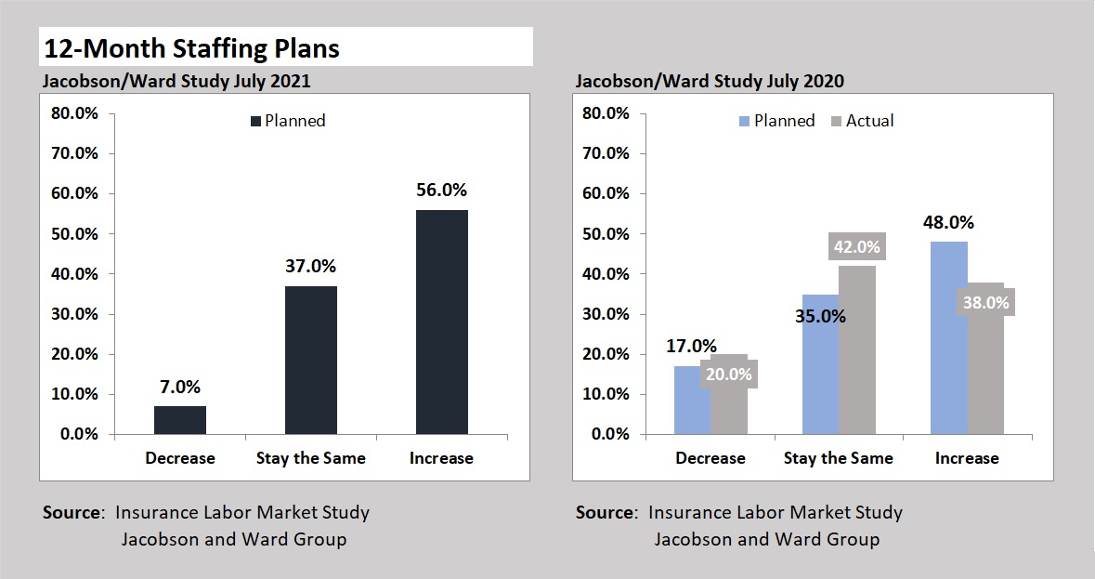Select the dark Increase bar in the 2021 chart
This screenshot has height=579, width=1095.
point(441,322)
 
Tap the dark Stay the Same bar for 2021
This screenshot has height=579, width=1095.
point(310,360)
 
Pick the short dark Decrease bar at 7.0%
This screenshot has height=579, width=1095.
point(180,420)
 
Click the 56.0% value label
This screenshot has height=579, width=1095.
point(441,191)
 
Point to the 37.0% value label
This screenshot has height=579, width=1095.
point(310,266)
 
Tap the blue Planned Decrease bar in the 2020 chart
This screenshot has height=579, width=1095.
point(692,401)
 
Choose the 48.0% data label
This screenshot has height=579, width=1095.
point(948,223)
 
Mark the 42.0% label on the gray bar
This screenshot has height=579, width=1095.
point(855,247)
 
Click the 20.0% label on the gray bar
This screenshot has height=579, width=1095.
point(729,375)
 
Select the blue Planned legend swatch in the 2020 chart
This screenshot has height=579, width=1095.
point(744,121)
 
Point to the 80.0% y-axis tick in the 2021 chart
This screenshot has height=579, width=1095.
point(74,113)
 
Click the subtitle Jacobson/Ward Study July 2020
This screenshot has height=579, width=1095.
point(710,81)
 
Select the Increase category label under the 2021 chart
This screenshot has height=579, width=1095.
point(441,458)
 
